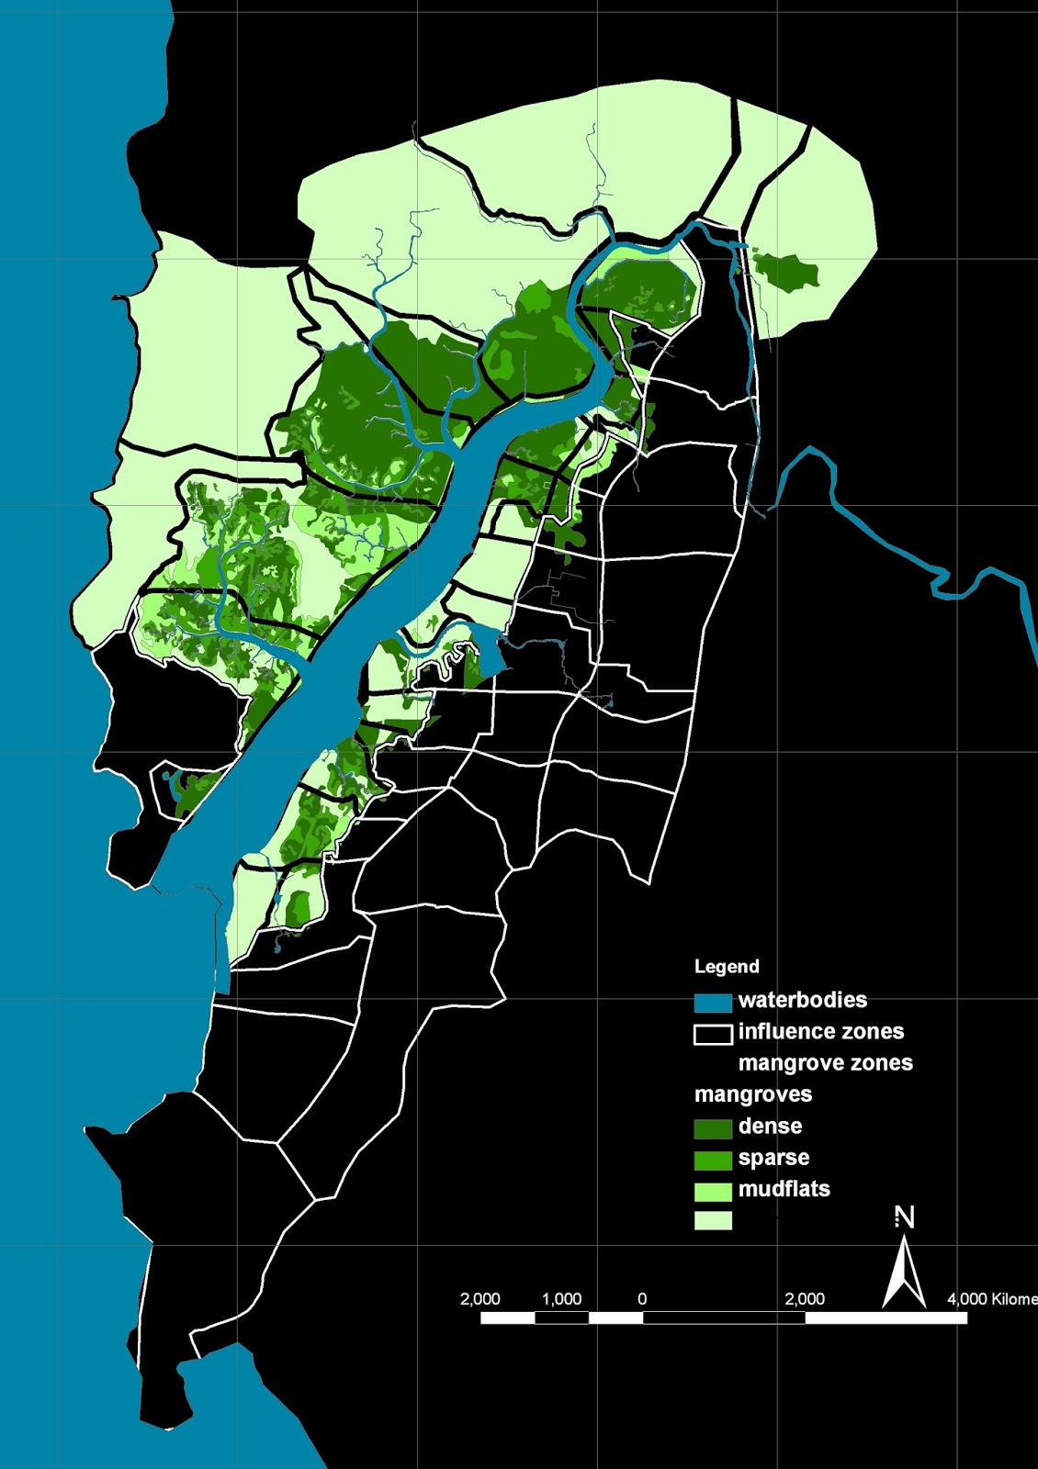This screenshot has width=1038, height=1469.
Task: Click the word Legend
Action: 727,966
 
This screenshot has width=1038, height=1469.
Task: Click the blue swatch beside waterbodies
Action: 713,1002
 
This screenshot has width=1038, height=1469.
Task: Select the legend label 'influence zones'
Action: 820,1031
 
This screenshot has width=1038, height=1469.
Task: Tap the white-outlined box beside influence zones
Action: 713,1035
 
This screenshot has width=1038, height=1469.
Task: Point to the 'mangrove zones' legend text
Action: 825,1063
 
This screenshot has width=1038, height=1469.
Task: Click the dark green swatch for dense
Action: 713,1128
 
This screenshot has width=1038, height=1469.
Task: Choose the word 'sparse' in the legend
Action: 773,1158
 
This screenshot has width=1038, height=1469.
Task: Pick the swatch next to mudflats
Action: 713,1191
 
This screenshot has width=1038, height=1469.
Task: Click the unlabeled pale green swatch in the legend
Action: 713,1220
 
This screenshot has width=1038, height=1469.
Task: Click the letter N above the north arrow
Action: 905,1217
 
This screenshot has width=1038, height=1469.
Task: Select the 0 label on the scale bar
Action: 642,1299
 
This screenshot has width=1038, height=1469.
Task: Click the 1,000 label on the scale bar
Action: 561,1299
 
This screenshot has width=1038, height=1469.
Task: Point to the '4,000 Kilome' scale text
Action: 992,1299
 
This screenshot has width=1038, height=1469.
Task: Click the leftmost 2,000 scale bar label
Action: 480,1299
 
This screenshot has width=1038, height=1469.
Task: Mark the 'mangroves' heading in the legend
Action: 753,1094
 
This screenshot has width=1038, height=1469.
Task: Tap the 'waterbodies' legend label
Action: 802,1000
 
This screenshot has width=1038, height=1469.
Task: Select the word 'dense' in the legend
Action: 770,1127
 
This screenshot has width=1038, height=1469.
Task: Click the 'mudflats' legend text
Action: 784,1189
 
